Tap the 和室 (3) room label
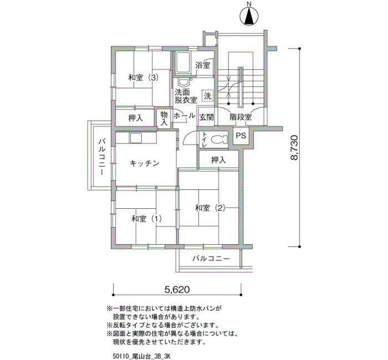[143, 78]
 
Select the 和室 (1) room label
[146, 219]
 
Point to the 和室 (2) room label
[210, 208]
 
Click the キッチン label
[144, 163]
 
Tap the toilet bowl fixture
[219, 140]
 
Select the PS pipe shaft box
[241, 136]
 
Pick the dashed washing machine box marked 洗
[208, 96]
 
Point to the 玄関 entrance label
[206, 117]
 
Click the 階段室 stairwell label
[241, 117]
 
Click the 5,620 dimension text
[177, 289]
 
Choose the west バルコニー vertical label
[101, 157]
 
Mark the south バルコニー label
[211, 259]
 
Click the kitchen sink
[136, 138]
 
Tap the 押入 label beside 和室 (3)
[136, 118]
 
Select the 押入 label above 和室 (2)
[218, 160]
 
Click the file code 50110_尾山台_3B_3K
[141, 356]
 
